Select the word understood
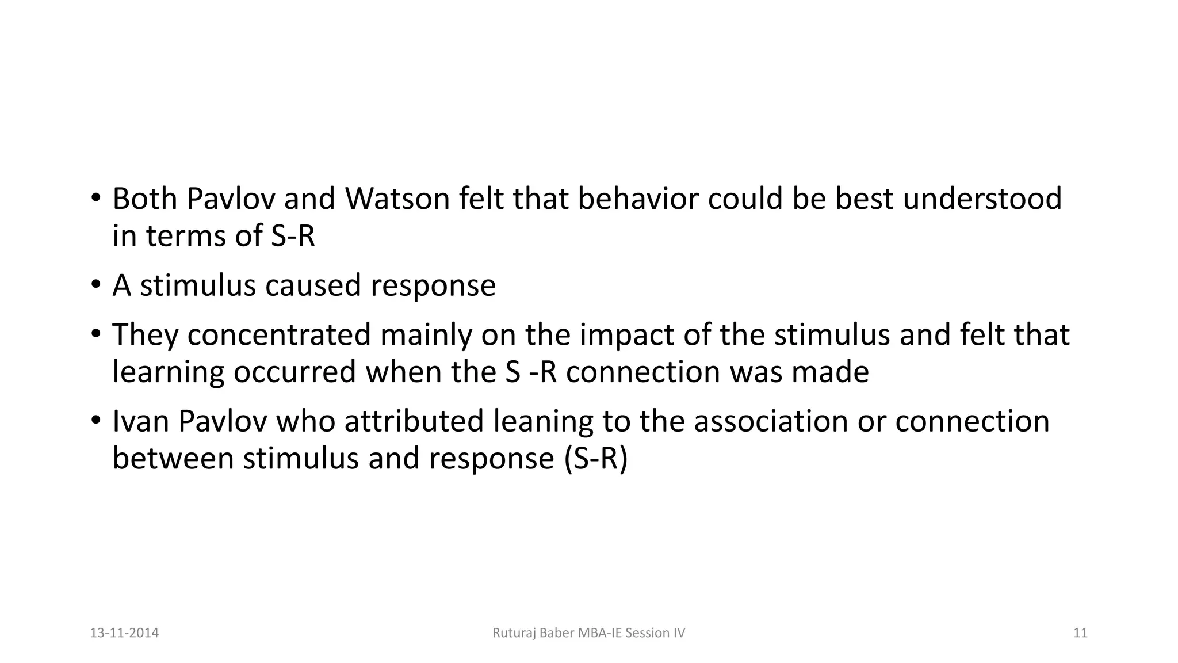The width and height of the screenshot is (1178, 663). click(x=982, y=199)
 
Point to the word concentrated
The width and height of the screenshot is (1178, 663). click(x=279, y=335)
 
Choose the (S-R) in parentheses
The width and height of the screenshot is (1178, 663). click(x=596, y=459)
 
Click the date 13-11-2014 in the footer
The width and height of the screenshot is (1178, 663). click(x=124, y=633)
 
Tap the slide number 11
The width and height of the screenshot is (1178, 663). click(x=1080, y=633)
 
